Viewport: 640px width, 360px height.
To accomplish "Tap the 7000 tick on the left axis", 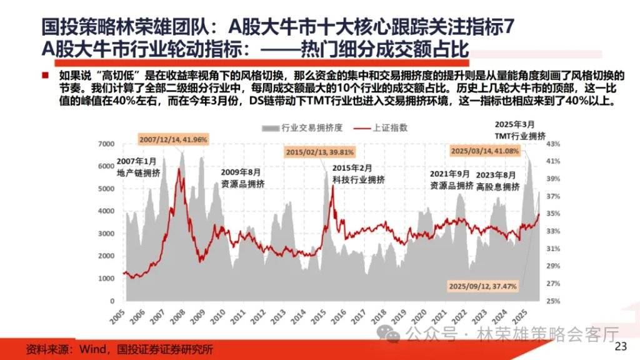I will (107, 144).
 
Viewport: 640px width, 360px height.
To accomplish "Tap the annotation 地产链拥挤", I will (137, 172).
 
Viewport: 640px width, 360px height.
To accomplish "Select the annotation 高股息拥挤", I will (497, 186).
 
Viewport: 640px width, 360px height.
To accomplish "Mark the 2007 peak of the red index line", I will (180, 169).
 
